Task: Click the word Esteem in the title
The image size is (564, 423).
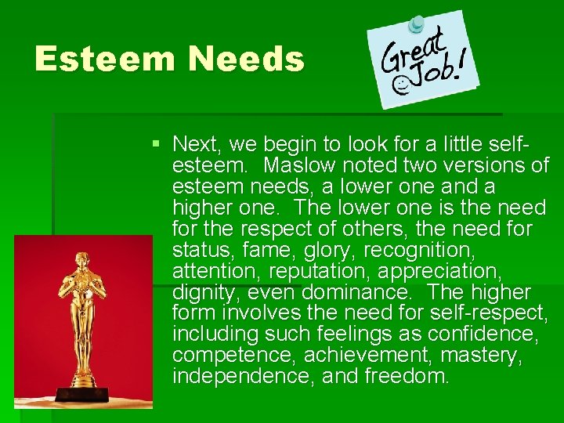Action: click(103, 60)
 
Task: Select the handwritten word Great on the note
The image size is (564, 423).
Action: click(414, 51)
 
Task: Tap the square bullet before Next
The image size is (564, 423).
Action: click(157, 144)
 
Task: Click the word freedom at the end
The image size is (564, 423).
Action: click(407, 377)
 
